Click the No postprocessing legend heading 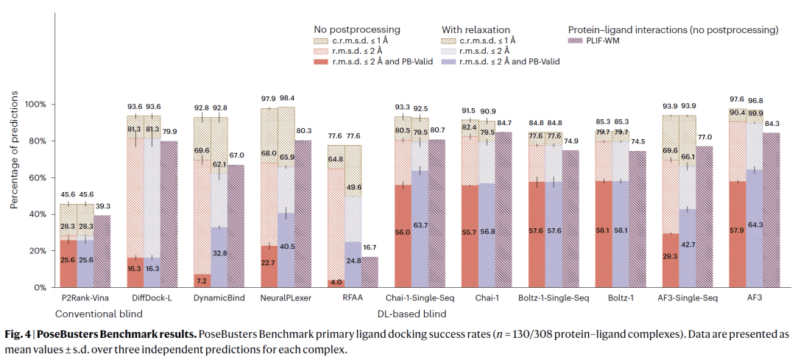coord(357,29)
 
